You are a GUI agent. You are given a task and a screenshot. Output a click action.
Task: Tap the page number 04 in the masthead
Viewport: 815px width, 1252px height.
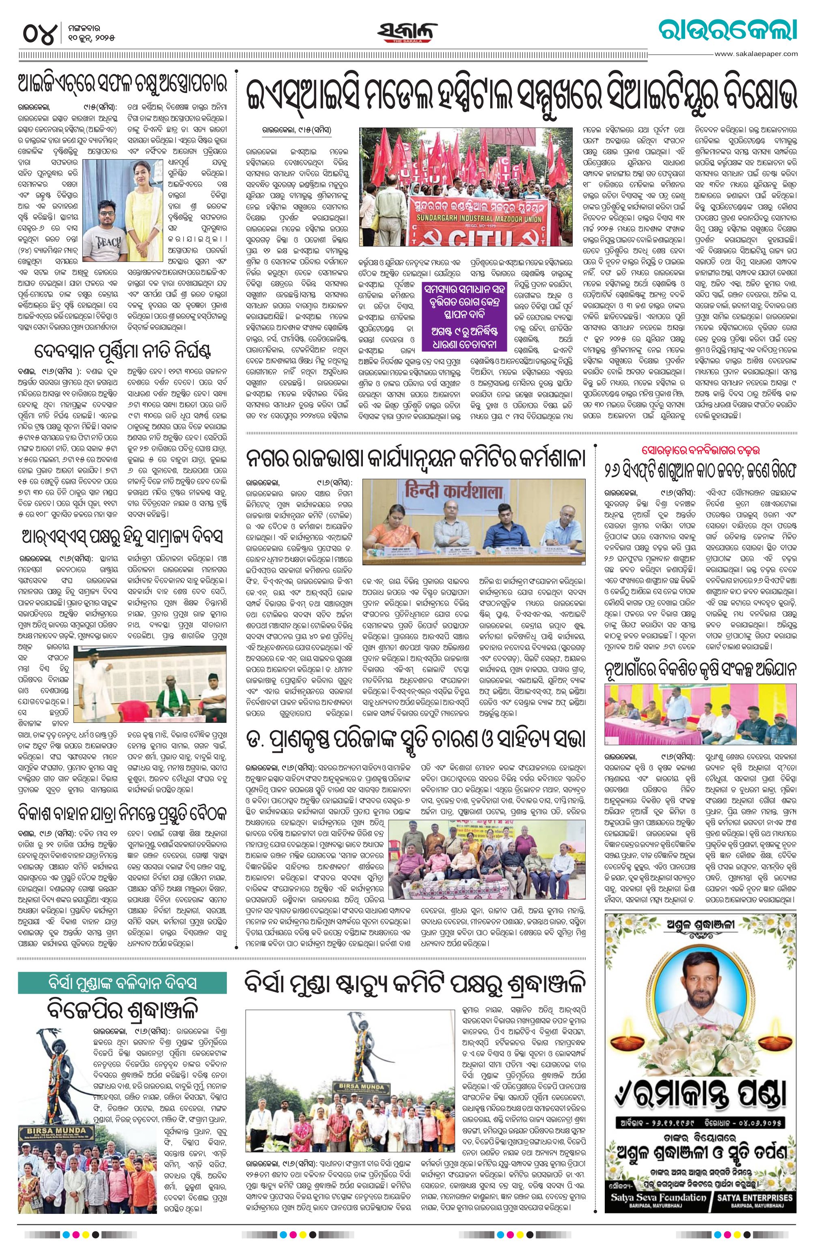tap(39, 34)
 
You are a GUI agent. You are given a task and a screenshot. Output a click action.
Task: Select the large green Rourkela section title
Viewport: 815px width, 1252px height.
tap(728, 30)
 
